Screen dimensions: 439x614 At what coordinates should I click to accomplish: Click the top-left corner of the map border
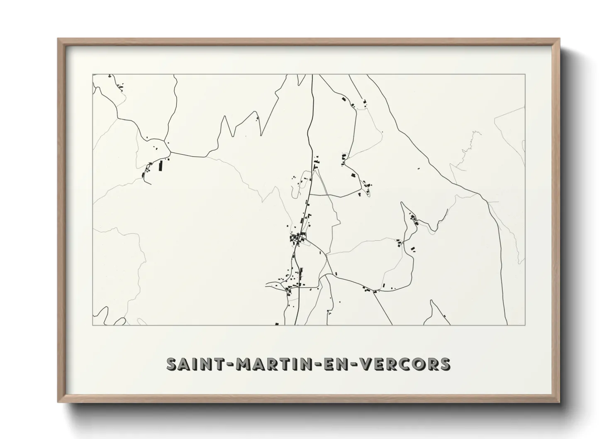(x=93, y=74)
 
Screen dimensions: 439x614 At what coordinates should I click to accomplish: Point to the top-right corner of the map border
(x=525, y=74)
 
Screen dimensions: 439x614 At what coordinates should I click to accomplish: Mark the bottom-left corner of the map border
(x=93, y=325)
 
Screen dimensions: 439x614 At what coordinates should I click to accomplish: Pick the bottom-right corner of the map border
(x=525, y=325)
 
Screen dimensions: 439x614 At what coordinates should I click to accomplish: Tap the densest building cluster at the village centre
(x=297, y=238)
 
